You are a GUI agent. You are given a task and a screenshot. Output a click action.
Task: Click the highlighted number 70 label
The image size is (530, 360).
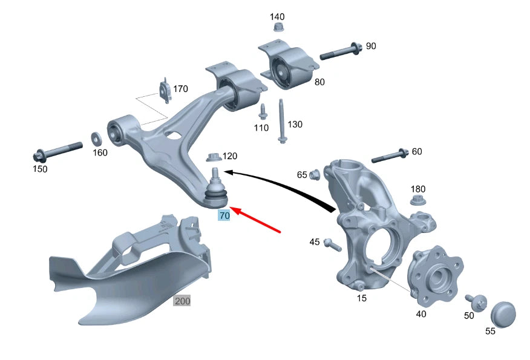tap(224, 215)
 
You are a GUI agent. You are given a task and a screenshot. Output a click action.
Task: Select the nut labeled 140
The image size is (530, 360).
tap(278, 28)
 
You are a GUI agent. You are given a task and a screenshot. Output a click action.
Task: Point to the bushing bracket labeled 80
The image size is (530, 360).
tap(288, 68)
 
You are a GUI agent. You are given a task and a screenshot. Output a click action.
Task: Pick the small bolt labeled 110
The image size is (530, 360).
tap(263, 112)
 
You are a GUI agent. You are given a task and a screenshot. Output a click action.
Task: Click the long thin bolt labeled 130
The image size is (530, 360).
tap(282, 120)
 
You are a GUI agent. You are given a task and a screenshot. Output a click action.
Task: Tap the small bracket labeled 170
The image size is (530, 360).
tap(165, 90)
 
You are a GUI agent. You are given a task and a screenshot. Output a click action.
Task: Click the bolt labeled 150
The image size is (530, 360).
tap(58, 149)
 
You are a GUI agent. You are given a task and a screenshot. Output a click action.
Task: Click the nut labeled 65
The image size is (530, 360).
tap(314, 175)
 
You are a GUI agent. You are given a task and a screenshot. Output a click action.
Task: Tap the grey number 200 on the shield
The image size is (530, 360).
tap(182, 301)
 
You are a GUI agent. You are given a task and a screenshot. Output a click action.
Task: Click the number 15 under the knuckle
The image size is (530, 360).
tap(361, 298)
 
